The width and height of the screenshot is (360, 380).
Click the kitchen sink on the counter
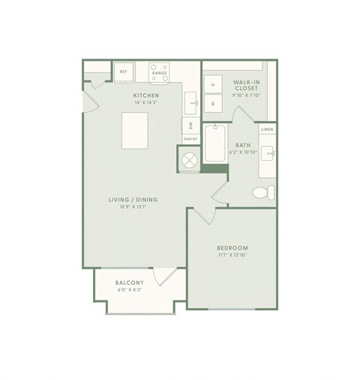(x=192, y=100)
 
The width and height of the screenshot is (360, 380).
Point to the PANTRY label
(x=190, y=139)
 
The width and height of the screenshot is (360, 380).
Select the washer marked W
(x=213, y=103)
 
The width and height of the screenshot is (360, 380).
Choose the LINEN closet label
(x=267, y=130)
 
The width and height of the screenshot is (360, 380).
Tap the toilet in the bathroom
(x=263, y=192)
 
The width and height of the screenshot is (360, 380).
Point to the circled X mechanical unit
(x=189, y=159)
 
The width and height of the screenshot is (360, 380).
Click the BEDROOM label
(x=232, y=248)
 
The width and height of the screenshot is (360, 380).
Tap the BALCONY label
(x=130, y=282)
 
